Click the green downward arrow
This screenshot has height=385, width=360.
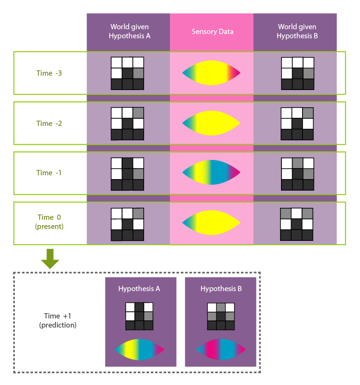click(50, 259)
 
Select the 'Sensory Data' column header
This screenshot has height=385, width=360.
click(212, 32)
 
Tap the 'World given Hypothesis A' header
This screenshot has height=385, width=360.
click(128, 31)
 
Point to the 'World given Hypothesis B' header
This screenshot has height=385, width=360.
click(295, 31)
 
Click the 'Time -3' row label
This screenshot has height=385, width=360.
click(49, 73)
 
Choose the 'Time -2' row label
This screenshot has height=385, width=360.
click(49, 124)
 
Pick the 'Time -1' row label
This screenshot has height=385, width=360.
click(49, 173)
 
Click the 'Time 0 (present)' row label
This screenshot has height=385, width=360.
click(49, 222)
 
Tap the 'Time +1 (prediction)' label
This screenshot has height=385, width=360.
click(57, 321)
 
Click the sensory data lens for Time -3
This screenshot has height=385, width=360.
click(211, 73)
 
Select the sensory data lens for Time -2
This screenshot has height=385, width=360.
click(211, 123)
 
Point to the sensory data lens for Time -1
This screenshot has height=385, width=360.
click(211, 172)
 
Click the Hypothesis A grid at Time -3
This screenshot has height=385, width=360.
click(128, 73)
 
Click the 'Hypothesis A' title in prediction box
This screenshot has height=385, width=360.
click(139, 289)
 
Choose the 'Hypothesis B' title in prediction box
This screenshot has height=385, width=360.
click(221, 289)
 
